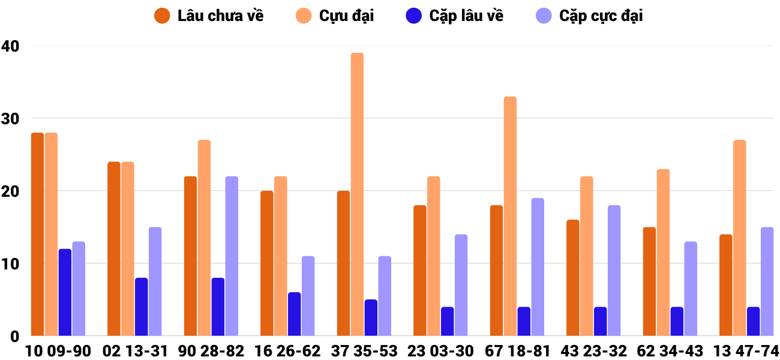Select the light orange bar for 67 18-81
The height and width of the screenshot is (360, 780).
(x=510, y=216)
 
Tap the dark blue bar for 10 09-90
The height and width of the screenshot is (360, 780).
(x=65, y=292)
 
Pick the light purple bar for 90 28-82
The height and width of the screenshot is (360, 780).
(x=232, y=256)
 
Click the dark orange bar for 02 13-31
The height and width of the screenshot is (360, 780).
(x=114, y=249)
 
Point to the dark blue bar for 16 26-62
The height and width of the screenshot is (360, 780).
(x=294, y=314)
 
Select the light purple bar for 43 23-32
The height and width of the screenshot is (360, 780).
(x=614, y=271)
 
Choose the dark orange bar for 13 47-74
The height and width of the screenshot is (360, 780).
(x=725, y=285)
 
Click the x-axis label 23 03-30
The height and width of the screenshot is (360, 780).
(x=440, y=350)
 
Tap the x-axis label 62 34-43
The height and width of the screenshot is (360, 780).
(x=670, y=350)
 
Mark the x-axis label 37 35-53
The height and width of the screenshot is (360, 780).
(x=364, y=350)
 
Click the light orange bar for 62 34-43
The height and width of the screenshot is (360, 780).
(x=663, y=253)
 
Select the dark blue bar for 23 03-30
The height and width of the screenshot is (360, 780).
(x=447, y=321)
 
